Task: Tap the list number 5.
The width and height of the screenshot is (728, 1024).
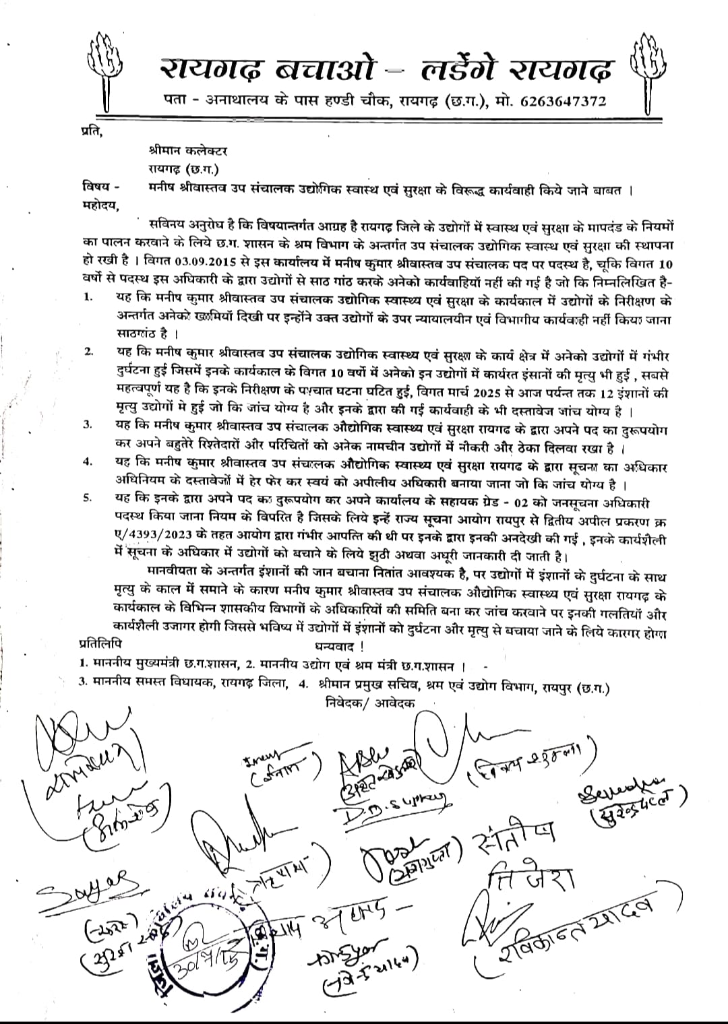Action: pyautogui.click(x=88, y=498)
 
